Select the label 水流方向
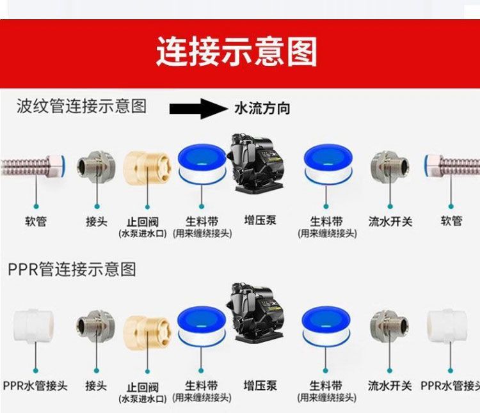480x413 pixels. [x=262, y=109]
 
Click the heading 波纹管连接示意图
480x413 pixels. [x=81, y=106]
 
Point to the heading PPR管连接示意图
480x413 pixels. [x=72, y=269]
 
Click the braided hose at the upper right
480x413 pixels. [x=452, y=166]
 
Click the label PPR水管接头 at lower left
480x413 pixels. [x=35, y=386]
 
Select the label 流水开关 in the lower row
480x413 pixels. [x=390, y=386]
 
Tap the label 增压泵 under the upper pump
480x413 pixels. [x=260, y=221]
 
